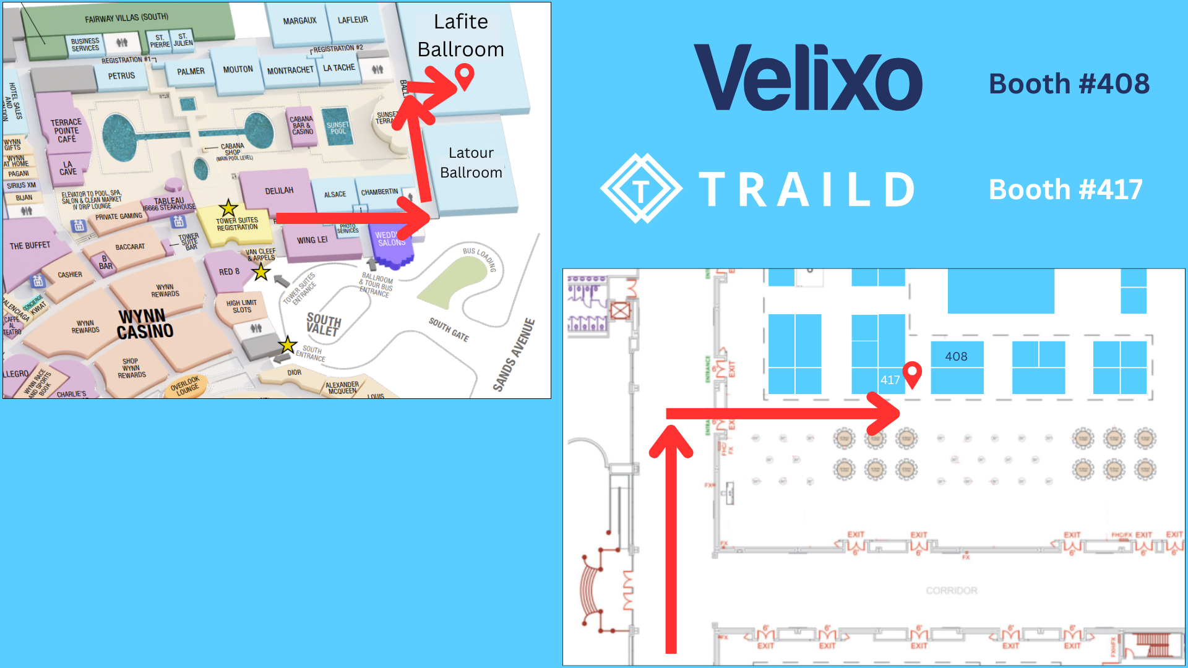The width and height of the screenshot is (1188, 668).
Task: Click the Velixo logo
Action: [x=807, y=78]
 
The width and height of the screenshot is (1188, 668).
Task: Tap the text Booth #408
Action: [x=1069, y=83]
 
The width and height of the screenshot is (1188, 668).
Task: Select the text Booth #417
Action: [x=1065, y=189]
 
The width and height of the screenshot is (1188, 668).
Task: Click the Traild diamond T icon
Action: [x=641, y=189]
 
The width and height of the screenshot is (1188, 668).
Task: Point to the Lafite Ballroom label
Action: [x=460, y=35]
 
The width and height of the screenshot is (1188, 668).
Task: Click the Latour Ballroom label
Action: [x=471, y=163]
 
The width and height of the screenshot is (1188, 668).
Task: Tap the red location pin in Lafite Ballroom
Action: [x=464, y=77]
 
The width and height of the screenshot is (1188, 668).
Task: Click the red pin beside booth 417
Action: [x=912, y=374]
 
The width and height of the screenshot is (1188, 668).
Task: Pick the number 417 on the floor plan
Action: [x=890, y=380]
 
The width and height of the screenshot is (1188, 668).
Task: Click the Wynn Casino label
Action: [x=145, y=324]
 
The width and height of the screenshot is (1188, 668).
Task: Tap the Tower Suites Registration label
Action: [x=237, y=224]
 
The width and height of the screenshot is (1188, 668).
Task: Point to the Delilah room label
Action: [x=279, y=191]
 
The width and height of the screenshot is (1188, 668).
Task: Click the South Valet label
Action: [x=323, y=324]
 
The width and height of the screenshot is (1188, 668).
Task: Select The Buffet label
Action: [x=30, y=246]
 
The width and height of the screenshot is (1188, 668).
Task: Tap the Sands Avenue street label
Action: [x=514, y=355]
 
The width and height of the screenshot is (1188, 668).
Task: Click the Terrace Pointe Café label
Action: [x=66, y=131]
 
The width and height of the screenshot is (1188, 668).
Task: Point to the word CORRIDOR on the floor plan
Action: [x=951, y=591]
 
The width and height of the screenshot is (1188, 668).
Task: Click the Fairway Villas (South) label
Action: [x=126, y=17]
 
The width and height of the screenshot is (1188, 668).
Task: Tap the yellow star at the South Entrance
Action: [x=287, y=345]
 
